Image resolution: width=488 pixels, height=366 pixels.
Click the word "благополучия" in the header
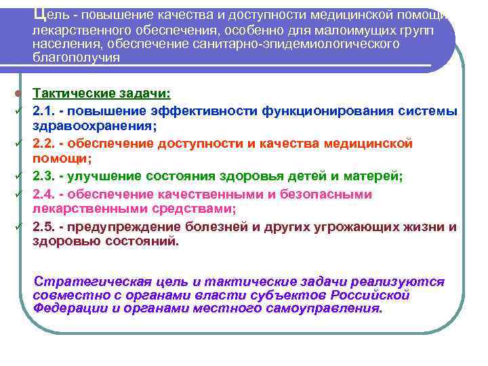76,58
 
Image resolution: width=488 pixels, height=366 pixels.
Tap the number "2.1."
46,110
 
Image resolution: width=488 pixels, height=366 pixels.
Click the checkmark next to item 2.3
20,176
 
